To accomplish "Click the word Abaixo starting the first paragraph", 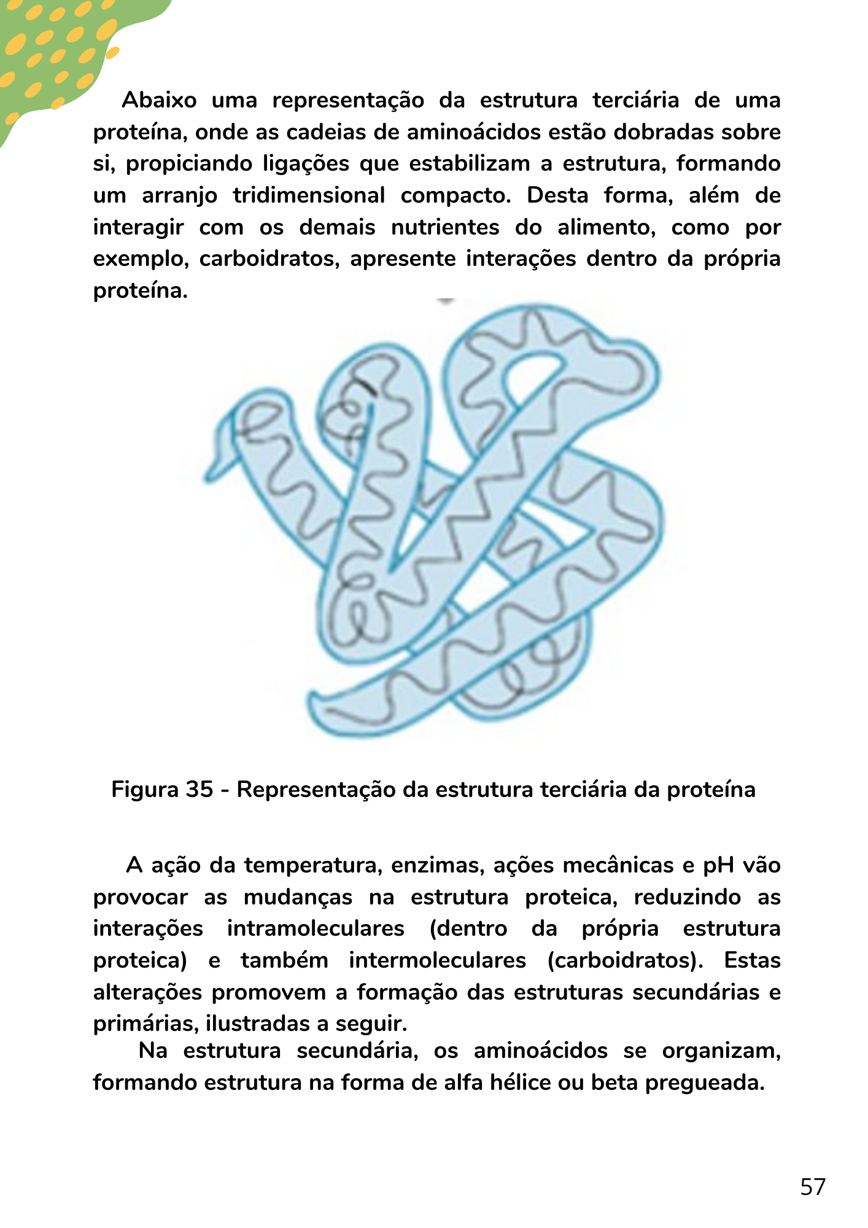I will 159,100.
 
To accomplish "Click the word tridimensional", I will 309,196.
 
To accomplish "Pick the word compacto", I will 455,196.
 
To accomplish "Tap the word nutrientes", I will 445,228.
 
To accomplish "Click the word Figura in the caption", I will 145,790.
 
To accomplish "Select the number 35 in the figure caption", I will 200,790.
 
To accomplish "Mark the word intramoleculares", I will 316,928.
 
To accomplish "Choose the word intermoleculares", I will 437,960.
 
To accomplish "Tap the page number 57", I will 813,1187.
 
